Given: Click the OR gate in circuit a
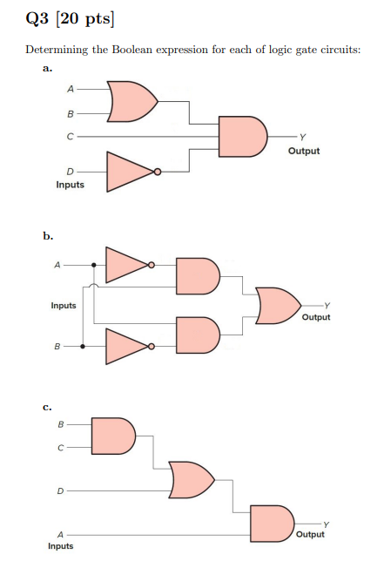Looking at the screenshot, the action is [131, 101].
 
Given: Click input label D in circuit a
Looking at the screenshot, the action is [70, 172].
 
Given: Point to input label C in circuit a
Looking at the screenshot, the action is [71, 137].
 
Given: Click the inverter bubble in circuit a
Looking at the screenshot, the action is [158, 172].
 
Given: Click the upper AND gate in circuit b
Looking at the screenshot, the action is [198, 276].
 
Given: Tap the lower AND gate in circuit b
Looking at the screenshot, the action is [198, 335].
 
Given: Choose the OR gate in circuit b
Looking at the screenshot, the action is [278, 306].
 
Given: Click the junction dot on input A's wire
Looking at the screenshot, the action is [94, 265].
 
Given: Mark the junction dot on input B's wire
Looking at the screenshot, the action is [83, 347].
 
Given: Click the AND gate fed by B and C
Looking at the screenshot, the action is [113, 436].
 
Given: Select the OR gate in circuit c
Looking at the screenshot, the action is [192, 480].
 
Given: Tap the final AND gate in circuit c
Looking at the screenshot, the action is [272, 524].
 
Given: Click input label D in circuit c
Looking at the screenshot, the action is [60, 491].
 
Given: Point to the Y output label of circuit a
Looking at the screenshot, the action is [303, 137].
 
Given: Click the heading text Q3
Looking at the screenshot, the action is [37, 18].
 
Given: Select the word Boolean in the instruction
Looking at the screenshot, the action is [132, 50].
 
